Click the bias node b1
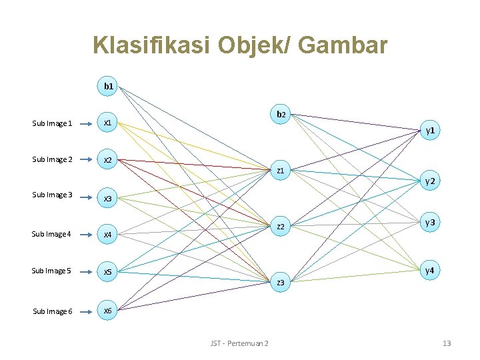[108, 86]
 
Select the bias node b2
[281, 114]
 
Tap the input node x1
[107, 123]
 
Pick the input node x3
[107, 198]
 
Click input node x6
[107, 311]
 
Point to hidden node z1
[281, 171]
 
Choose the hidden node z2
[281, 227]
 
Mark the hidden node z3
[281, 283]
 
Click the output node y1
[431, 131]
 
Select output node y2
[431, 181]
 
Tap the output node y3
[431, 222]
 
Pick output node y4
[431, 270]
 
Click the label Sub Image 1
[52, 123]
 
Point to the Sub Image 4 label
[52, 234]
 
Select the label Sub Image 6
[52, 311]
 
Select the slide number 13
[447, 343]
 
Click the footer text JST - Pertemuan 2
[239, 343]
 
